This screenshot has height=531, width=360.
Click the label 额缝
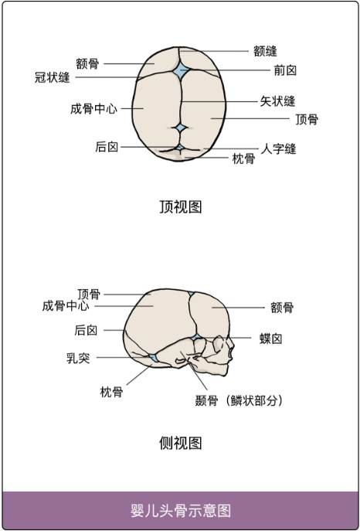[x=265, y=52]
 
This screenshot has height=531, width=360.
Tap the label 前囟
[x=285, y=70]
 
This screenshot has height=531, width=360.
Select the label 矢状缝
[x=277, y=101]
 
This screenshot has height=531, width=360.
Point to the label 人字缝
[x=278, y=148]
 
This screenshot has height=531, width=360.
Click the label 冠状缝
[x=52, y=77]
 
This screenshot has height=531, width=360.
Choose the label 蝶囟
[x=271, y=339]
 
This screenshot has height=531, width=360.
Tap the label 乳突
[x=78, y=358]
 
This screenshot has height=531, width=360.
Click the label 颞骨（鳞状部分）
[x=239, y=401]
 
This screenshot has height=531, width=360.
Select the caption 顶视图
[x=180, y=206]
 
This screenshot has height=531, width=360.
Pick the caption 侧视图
[x=180, y=443]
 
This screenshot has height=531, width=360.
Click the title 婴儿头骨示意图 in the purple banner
[x=180, y=510]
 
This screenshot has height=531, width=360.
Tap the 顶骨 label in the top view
[x=307, y=119]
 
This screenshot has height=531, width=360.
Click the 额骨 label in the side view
[x=282, y=308]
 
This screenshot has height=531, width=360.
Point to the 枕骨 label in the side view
[x=112, y=392]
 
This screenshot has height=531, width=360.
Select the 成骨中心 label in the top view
[x=93, y=109]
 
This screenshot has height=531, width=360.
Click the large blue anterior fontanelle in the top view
[x=181, y=71]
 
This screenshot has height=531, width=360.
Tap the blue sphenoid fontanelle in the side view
[x=196, y=337]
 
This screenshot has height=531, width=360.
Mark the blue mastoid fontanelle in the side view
[x=153, y=358]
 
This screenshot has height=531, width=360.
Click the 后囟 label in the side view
[x=86, y=330]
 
